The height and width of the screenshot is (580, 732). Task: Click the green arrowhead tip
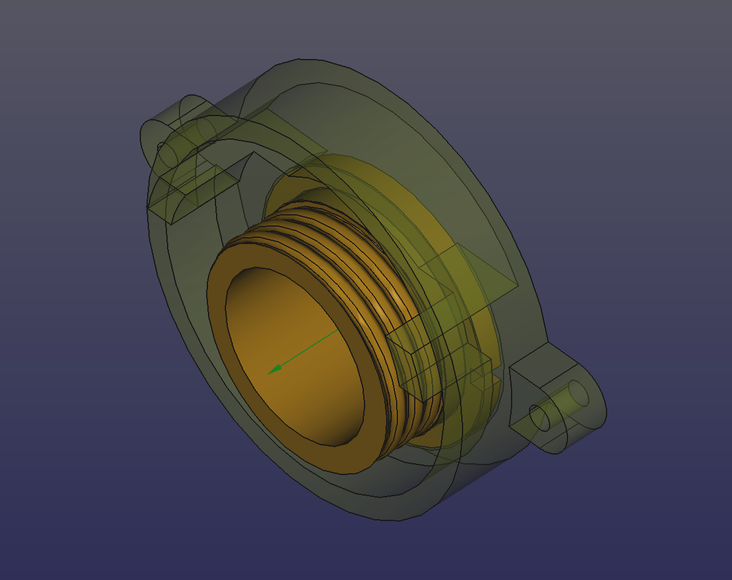tap(269, 373)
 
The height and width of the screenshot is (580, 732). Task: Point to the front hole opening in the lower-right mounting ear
tap(538, 417)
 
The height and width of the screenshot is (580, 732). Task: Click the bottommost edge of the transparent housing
tap(397, 519)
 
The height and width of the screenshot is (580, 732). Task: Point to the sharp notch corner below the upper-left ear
tap(251, 153)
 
